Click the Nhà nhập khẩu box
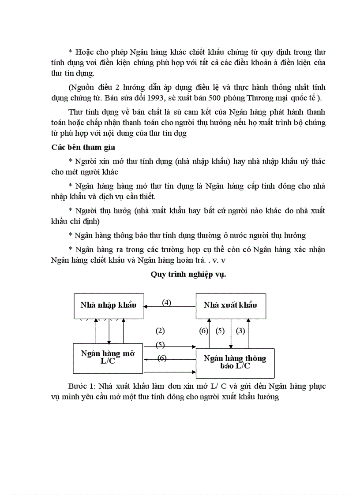click(x=108, y=305)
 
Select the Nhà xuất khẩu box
click(x=231, y=305)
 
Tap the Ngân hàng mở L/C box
click(x=108, y=357)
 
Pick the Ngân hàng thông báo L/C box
click(x=235, y=362)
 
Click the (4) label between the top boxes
click(x=166, y=302)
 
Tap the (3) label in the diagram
click(x=240, y=331)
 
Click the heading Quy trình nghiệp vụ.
click(x=188, y=274)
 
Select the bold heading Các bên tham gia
click(x=83, y=147)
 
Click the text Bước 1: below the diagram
click(x=81, y=386)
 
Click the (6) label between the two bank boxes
click(x=162, y=358)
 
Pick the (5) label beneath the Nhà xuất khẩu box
click(x=220, y=331)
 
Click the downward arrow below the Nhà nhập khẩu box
click(x=109, y=335)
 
